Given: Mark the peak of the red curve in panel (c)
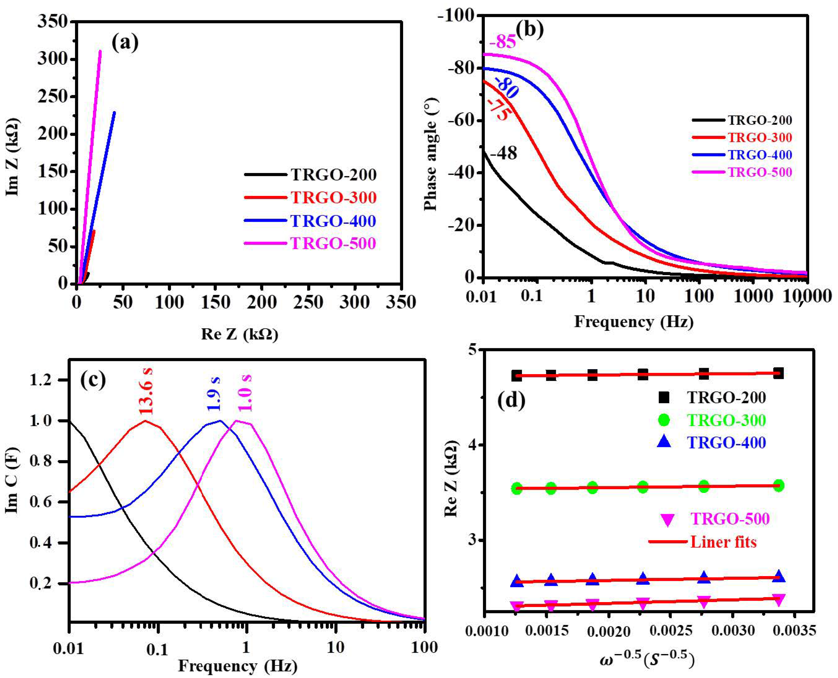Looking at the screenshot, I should point(145,421).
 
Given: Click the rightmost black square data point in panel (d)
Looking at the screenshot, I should point(778,373).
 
